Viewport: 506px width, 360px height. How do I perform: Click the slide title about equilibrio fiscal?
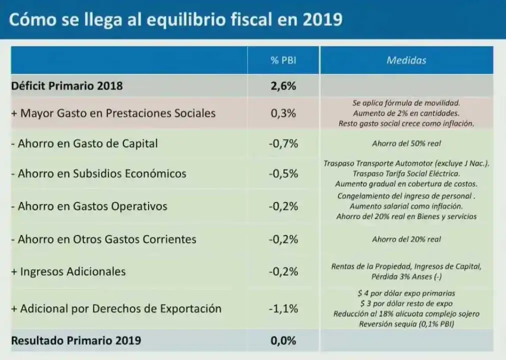click(x=176, y=20)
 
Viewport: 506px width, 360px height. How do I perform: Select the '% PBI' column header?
click(x=283, y=60)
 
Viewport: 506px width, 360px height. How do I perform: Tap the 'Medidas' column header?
click(x=406, y=60)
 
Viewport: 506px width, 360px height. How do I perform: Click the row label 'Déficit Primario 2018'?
click(x=67, y=86)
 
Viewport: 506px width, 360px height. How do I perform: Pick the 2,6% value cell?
click(x=283, y=86)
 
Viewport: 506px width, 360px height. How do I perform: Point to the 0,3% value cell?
click(x=283, y=113)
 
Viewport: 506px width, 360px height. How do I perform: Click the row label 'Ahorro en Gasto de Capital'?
click(x=84, y=143)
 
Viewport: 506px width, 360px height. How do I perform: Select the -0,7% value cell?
click(x=283, y=143)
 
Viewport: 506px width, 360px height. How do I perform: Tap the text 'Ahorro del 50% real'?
click(x=406, y=143)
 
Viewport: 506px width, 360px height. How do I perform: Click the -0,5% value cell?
click(x=283, y=173)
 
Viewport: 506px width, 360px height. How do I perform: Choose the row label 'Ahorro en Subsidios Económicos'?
click(x=98, y=173)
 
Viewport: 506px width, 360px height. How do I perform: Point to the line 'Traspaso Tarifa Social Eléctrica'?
click(x=406, y=173)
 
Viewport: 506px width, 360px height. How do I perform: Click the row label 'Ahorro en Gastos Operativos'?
click(x=89, y=206)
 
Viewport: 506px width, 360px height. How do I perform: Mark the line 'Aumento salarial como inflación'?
click(x=406, y=206)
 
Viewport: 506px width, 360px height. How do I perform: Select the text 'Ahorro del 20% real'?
click(x=406, y=239)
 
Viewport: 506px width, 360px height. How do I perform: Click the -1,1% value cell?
click(x=283, y=308)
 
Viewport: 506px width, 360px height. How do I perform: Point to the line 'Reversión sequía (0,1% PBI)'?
click(x=406, y=324)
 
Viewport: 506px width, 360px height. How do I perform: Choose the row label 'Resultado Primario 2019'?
click(x=76, y=340)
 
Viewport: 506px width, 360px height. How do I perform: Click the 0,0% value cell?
click(x=283, y=340)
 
